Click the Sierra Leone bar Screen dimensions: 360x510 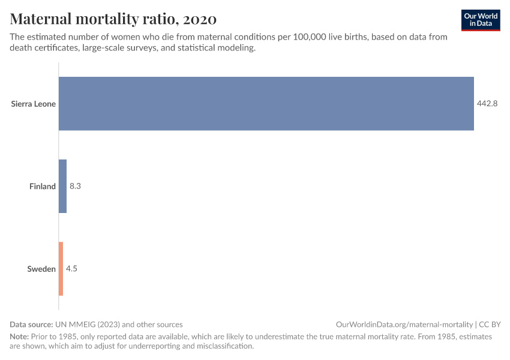tap(266, 103)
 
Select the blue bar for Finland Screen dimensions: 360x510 tap(62, 186)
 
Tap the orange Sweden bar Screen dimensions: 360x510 tap(61, 269)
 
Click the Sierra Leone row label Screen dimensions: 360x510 tap(34, 104)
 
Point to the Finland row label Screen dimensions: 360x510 tap(43, 187)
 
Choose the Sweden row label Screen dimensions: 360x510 tap(41, 269)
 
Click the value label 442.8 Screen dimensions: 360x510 tap(488, 104)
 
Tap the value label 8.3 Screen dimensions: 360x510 tap(75, 187)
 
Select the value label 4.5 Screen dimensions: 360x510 tap(71, 269)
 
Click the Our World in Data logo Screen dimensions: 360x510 tap(481, 20)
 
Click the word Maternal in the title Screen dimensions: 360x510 tap(40, 19)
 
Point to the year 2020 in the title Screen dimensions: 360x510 tap(200, 19)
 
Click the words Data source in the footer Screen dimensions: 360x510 tap(32, 324)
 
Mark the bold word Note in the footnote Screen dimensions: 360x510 tap(19, 337)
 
